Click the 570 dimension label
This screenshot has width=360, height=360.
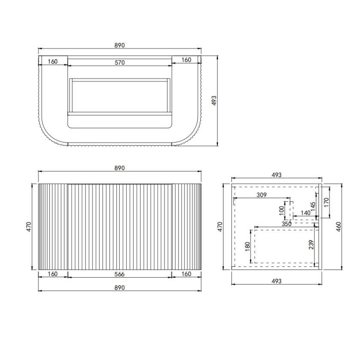click(x=119, y=62)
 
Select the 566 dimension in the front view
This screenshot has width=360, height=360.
click(x=119, y=274)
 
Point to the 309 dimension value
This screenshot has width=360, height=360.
click(x=261, y=195)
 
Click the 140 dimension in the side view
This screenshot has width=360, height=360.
click(x=306, y=212)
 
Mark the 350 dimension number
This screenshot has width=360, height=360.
click(x=287, y=224)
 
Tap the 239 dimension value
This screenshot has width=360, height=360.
click(x=312, y=244)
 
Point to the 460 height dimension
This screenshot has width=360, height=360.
click(x=339, y=226)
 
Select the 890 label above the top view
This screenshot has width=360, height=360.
click(x=119, y=45)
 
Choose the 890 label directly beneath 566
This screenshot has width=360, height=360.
click(x=119, y=287)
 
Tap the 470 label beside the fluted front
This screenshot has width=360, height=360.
click(x=29, y=226)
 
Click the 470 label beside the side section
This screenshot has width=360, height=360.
click(x=220, y=226)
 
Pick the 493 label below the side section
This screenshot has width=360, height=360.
click(x=277, y=281)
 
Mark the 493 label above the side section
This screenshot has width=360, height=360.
click(x=277, y=175)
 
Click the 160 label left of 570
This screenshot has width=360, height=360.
click(x=52, y=61)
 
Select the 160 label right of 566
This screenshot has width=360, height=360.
click(x=186, y=274)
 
